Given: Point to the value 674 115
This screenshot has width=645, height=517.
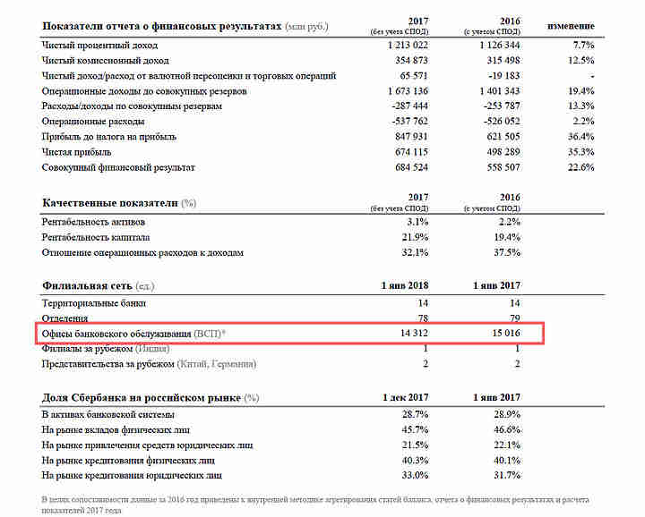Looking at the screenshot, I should tap(408, 152).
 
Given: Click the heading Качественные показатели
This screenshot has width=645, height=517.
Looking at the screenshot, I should tap(110, 204).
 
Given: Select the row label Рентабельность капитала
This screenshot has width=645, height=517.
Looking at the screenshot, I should tap(96, 237).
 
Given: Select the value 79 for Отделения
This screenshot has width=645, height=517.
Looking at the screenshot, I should tap(513, 318).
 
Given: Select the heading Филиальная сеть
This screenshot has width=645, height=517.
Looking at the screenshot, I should tap(85, 285).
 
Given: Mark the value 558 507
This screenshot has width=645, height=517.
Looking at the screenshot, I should tap(501, 168).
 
